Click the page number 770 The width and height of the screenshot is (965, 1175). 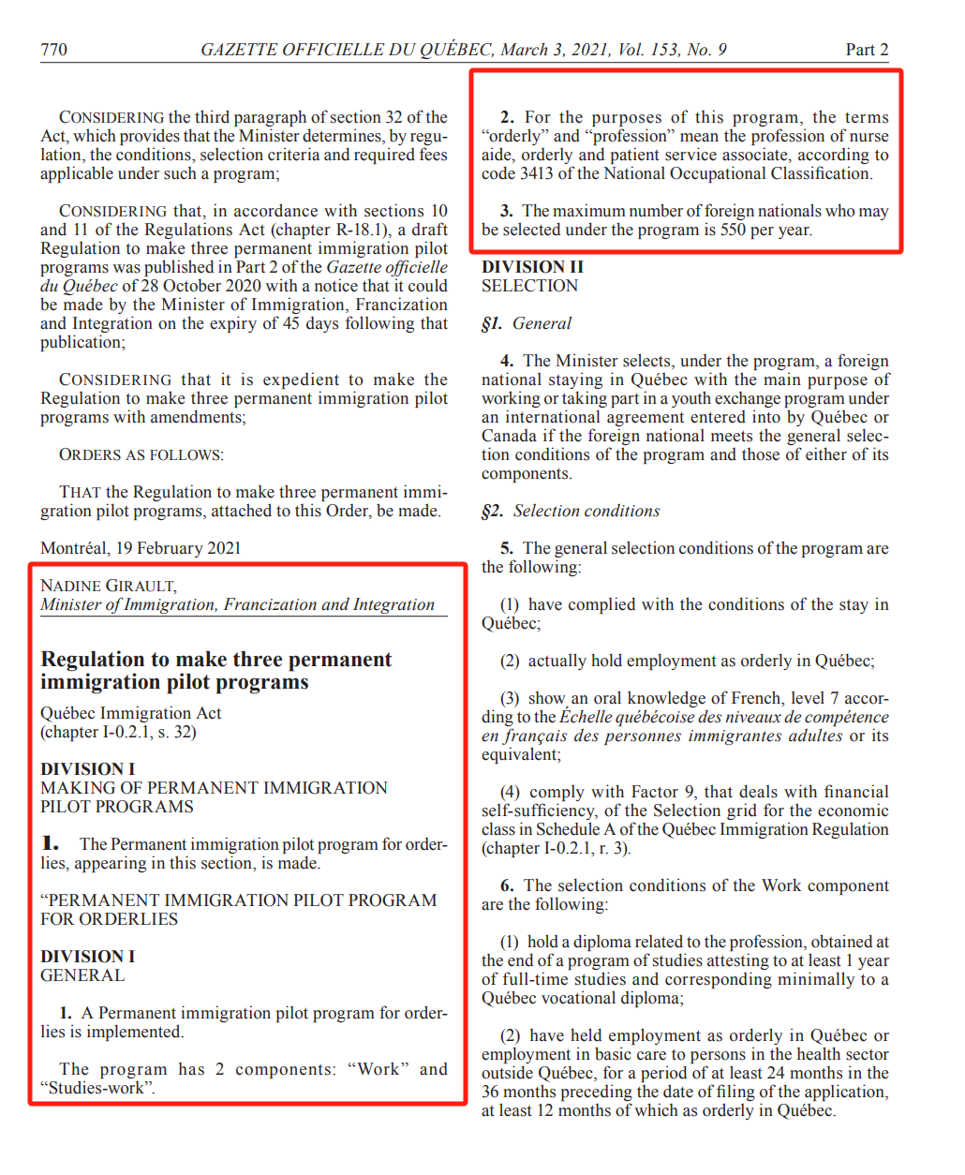coord(53,50)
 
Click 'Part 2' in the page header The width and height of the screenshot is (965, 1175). coord(867,50)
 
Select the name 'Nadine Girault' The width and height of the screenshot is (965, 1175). coord(108,586)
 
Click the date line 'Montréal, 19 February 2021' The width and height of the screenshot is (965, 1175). coord(141,548)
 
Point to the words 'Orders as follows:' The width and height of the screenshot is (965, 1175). coord(141,454)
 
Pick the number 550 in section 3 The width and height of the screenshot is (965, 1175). coord(733,230)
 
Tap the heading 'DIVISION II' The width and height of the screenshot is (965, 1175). coord(532,267)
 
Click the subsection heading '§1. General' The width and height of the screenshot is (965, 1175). coord(527,323)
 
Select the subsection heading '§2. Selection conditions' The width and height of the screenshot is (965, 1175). coord(571,511)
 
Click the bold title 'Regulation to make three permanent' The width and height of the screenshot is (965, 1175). coord(215,659)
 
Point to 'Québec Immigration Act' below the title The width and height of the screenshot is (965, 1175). coord(131,713)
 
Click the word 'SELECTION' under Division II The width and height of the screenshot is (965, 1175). coord(529,286)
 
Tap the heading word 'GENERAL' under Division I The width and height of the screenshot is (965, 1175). coord(82,975)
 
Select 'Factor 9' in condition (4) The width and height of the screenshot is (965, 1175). coord(661,792)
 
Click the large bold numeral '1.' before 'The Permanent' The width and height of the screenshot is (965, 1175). coord(51,843)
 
